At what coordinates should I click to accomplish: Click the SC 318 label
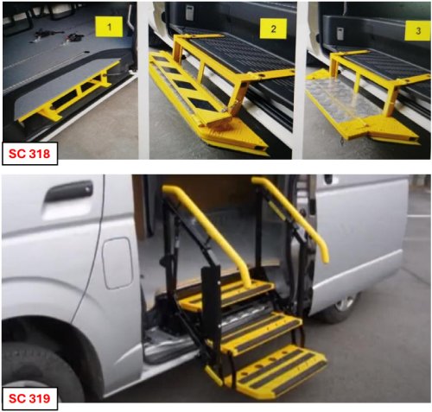tap(29, 154)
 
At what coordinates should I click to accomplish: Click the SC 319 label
tap(29, 398)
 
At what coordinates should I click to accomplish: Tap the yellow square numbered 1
tap(109, 27)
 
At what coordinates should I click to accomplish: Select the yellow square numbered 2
tap(273, 29)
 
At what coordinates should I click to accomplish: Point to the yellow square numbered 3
tap(418, 30)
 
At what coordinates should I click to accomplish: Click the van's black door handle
tap(68, 191)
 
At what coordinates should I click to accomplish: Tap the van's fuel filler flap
tap(118, 263)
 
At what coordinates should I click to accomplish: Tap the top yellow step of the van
tap(227, 295)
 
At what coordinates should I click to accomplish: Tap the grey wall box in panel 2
tap(189, 14)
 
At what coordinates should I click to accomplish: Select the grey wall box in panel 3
tap(340, 34)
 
